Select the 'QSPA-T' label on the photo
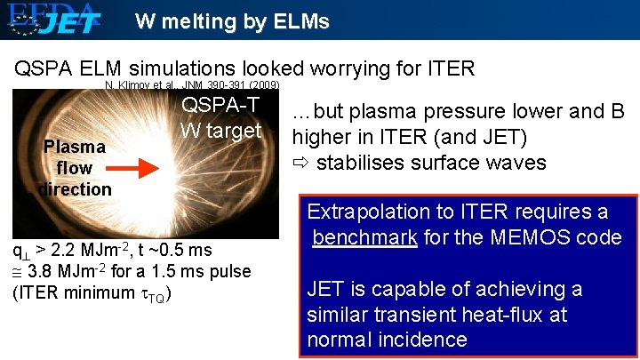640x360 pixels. [x=220, y=105]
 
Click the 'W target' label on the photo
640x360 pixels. [x=220, y=130]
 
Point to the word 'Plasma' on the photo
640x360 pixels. [x=75, y=146]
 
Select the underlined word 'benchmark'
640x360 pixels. [x=365, y=237]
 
